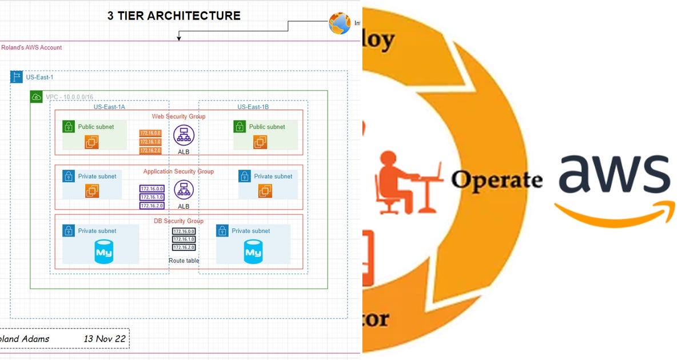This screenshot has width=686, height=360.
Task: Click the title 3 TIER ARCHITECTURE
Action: pyautogui.click(x=174, y=15)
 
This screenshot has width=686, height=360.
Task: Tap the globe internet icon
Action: pyautogui.click(x=340, y=23)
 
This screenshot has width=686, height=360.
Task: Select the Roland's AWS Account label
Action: pyautogui.click(x=31, y=47)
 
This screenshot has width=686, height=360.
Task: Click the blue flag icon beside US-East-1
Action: pyautogui.click(x=17, y=77)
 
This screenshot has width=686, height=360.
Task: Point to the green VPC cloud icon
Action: pyautogui.click(x=37, y=97)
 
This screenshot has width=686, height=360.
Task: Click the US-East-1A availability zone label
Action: pyautogui.click(x=109, y=106)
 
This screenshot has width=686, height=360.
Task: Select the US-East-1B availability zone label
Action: pyautogui.click(x=253, y=106)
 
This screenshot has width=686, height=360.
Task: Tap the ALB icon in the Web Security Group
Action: pyautogui.click(x=184, y=135)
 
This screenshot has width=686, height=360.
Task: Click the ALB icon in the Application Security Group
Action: pyautogui.click(x=184, y=190)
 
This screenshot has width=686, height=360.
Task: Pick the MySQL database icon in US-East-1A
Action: pyautogui.click(x=104, y=252)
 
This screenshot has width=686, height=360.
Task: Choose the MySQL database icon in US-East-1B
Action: pyautogui.click(x=253, y=252)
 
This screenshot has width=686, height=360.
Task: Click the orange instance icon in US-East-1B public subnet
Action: pyautogui.click(x=260, y=142)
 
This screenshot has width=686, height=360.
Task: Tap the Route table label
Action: pyautogui.click(x=184, y=261)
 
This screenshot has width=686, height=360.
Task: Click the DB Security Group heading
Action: pyautogui.click(x=178, y=221)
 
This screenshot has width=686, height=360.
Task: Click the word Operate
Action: pyautogui.click(x=496, y=180)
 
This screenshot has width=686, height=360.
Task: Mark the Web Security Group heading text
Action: pyautogui.click(x=178, y=117)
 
